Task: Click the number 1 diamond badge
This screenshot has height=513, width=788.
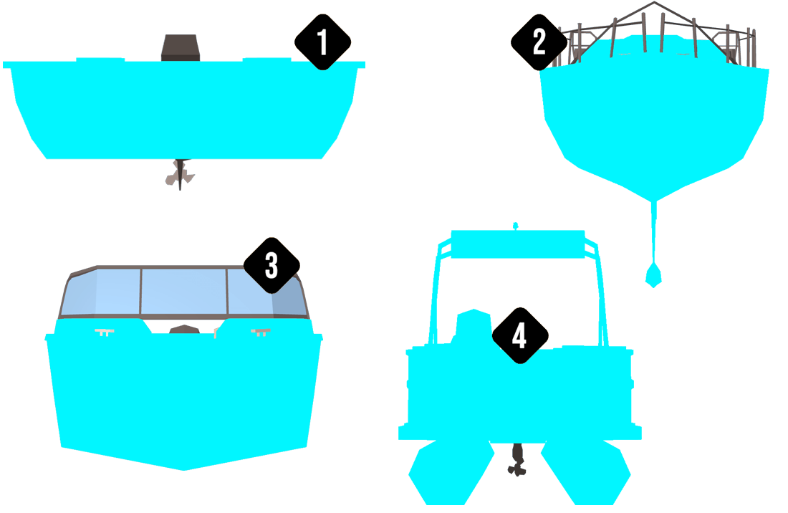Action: (322, 42)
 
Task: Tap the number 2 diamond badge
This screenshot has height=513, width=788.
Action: (539, 42)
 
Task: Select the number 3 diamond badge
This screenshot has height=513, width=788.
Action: (272, 265)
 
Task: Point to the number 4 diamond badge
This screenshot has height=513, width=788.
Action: (519, 335)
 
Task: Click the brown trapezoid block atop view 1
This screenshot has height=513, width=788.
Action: (181, 48)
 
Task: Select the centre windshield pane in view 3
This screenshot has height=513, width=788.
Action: (184, 293)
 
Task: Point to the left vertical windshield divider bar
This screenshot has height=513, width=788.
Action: (141, 293)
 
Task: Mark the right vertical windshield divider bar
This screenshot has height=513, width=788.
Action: (228, 293)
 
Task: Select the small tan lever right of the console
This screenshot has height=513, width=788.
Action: (214, 330)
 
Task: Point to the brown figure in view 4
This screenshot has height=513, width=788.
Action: (516, 459)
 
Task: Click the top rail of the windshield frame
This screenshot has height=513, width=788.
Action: (184, 269)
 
